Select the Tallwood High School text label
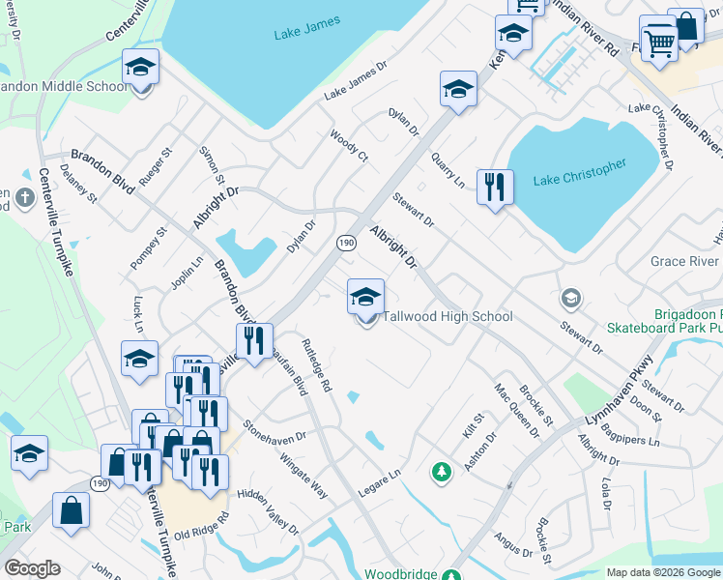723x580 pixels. [448, 317]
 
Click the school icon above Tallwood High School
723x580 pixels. [366, 299]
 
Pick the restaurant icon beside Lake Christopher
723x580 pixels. [495, 188]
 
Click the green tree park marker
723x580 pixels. [442, 472]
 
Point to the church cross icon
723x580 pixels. [25, 200]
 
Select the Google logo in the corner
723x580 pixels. [32, 568]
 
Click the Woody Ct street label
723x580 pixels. [349, 145]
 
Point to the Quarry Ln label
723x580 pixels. [448, 169]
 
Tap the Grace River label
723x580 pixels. [683, 261]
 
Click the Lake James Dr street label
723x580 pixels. [355, 81]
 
